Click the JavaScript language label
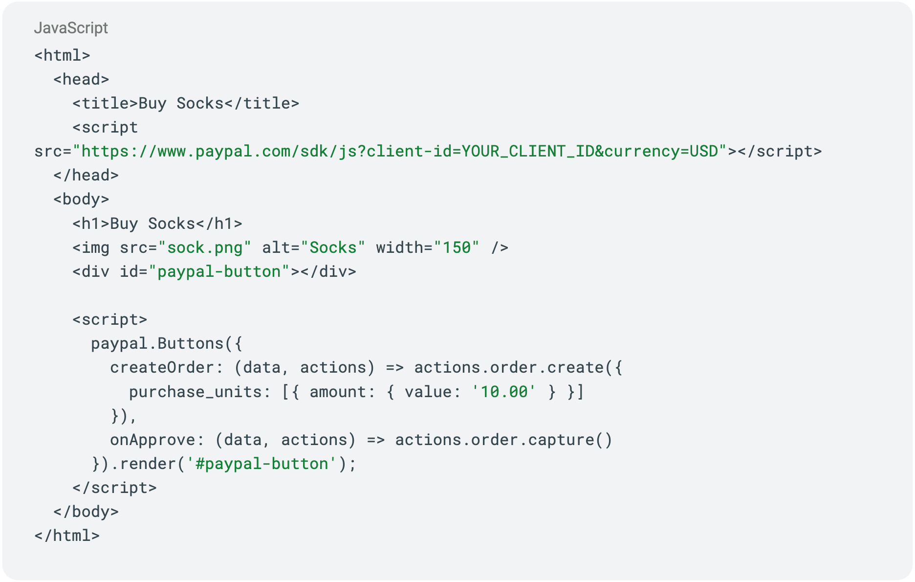pos(71,28)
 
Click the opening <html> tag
pos(62,55)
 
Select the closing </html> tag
pos(67,536)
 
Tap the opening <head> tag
pos(81,79)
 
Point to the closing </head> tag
pos(86,175)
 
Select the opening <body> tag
pos(81,199)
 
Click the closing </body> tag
pos(86,512)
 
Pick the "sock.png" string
pos(205,247)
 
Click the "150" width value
pos(457,247)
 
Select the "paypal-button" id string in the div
pos(219,271)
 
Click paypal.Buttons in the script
pos(157,343)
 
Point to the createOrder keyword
pos(162,367)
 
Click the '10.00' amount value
pos(504,392)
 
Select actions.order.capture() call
pos(503,440)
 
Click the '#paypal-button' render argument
pos(262,464)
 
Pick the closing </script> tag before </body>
pos(114,488)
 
